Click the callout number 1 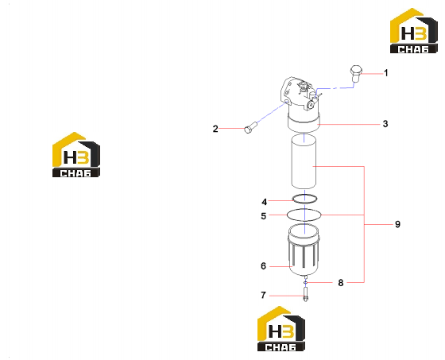385,73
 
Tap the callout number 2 215,129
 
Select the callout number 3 385,124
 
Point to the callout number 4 264,202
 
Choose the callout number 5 264,216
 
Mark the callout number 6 263,266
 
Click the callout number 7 263,296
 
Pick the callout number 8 341,283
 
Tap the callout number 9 397,224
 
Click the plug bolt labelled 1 356,74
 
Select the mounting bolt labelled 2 250,127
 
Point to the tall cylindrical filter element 304,162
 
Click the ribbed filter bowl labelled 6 304,250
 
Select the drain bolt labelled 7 305,294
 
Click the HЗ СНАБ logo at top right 413,31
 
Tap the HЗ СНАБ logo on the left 76,155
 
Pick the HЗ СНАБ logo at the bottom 281,328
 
